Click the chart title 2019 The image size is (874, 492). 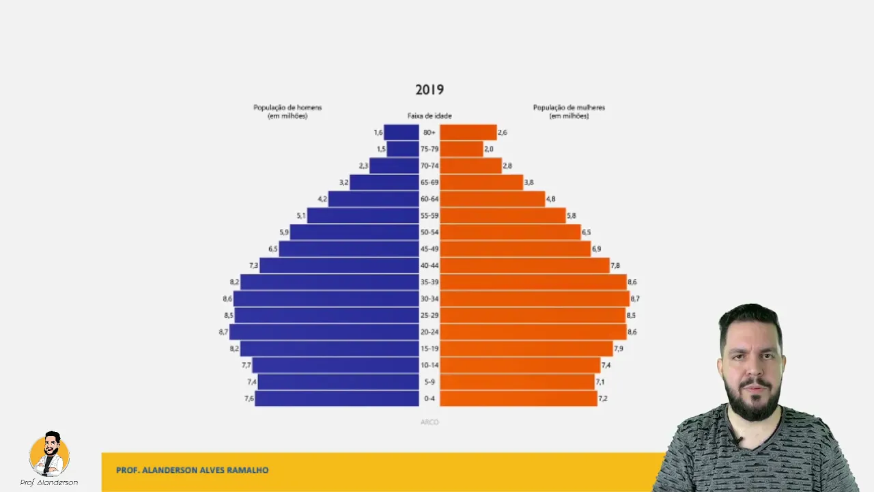[x=429, y=90]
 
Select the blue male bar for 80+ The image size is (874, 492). [x=401, y=133]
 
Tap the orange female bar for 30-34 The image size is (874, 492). [x=534, y=299]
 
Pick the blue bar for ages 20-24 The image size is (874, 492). [x=324, y=332]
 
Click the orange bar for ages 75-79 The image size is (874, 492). [x=461, y=149]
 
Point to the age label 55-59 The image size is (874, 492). [x=429, y=216]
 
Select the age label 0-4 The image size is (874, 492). [x=429, y=398]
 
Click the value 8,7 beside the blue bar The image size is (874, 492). [x=223, y=332]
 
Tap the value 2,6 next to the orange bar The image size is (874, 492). [x=503, y=133]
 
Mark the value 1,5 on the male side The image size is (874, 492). [x=381, y=149]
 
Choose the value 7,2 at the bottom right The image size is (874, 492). [x=603, y=398]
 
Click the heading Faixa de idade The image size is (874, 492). [x=429, y=116]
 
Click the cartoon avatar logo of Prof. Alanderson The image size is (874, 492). [x=49, y=454]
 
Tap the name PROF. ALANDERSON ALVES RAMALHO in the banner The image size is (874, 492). [x=192, y=470]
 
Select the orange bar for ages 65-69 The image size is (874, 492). [x=481, y=182]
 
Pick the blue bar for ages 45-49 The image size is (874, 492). [x=349, y=249]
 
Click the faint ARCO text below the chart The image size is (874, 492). [x=429, y=422]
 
